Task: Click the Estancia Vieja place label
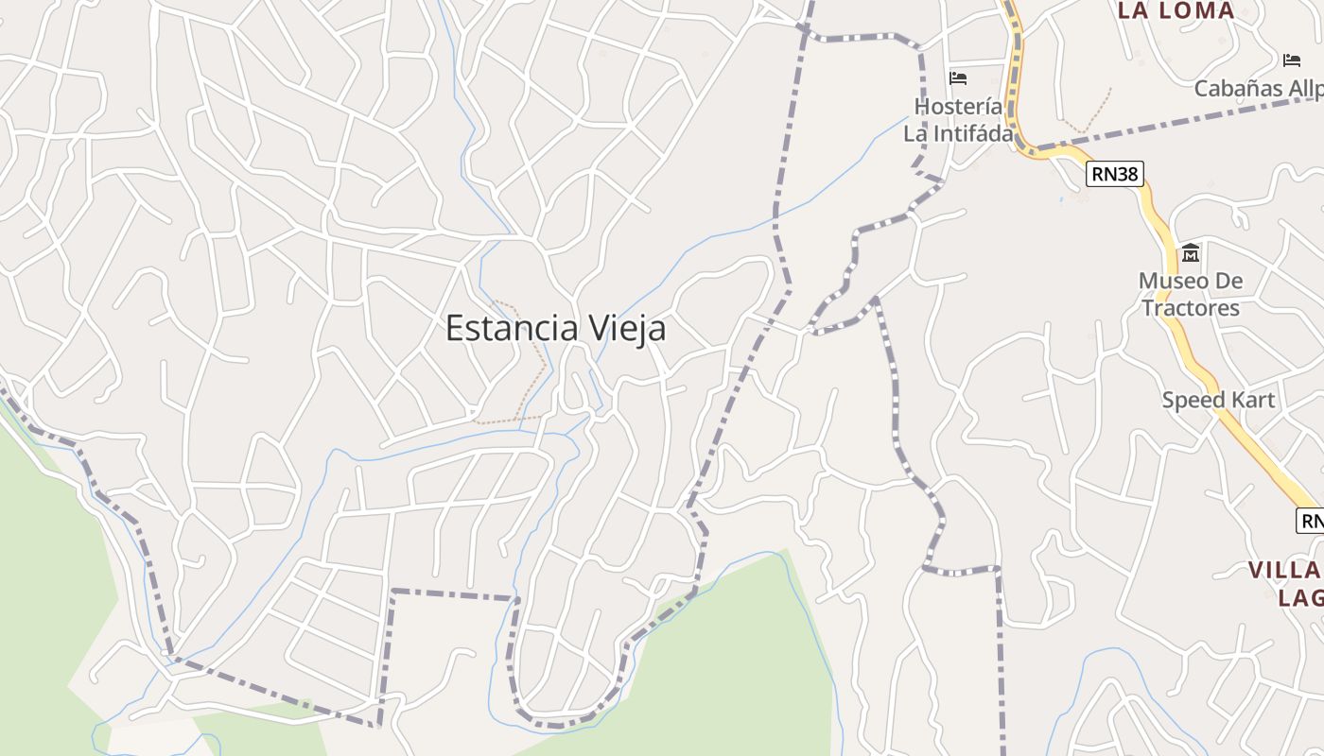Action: pos(555,328)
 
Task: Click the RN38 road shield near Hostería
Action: pos(1116,174)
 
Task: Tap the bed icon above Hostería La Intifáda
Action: pos(958,78)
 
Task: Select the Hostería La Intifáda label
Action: pos(958,120)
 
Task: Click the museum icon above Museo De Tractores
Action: pos(1190,252)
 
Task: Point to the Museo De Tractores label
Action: pos(1190,294)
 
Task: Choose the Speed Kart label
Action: pos(1218,400)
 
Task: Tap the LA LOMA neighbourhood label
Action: pos(1176,10)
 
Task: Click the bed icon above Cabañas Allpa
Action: pos(1292,60)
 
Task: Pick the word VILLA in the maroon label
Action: pos(1284,571)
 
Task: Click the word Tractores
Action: pos(1190,308)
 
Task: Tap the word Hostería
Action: pos(958,106)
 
